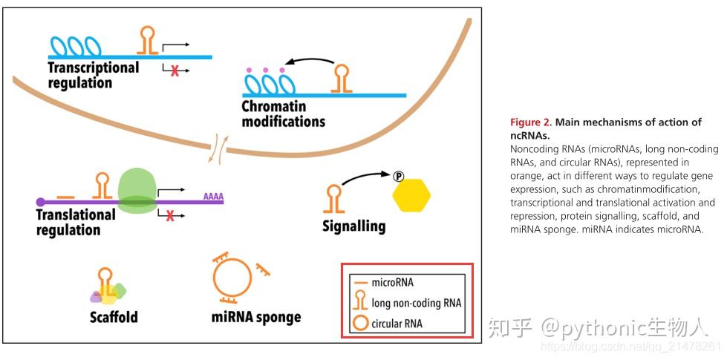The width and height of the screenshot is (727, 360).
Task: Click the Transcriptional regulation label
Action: (x=93, y=75)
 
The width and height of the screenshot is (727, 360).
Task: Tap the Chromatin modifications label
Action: (x=283, y=113)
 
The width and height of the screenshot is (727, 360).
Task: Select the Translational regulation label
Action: (x=76, y=222)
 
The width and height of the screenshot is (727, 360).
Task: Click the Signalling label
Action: (x=353, y=226)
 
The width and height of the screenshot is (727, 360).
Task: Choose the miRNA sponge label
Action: (x=256, y=317)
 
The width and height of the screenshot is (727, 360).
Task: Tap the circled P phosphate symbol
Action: (x=397, y=176)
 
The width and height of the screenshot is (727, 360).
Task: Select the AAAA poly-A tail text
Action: (x=213, y=197)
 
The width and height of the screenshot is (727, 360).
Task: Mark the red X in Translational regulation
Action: (x=169, y=216)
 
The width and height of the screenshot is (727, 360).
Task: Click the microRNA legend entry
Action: (x=393, y=283)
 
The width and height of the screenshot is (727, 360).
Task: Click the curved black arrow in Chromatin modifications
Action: (x=310, y=62)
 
